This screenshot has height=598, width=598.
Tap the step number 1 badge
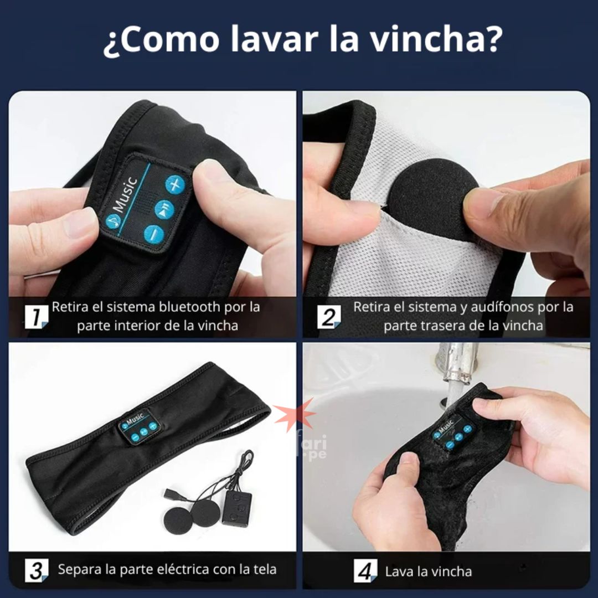[37, 317]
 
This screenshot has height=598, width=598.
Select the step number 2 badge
[329, 317]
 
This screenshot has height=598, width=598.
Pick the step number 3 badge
[37, 570]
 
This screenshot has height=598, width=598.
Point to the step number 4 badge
[365, 570]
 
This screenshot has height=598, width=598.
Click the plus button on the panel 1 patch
[175, 184]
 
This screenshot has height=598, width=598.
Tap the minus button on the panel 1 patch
[154, 234]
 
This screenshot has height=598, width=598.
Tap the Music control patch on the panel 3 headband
[138, 426]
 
